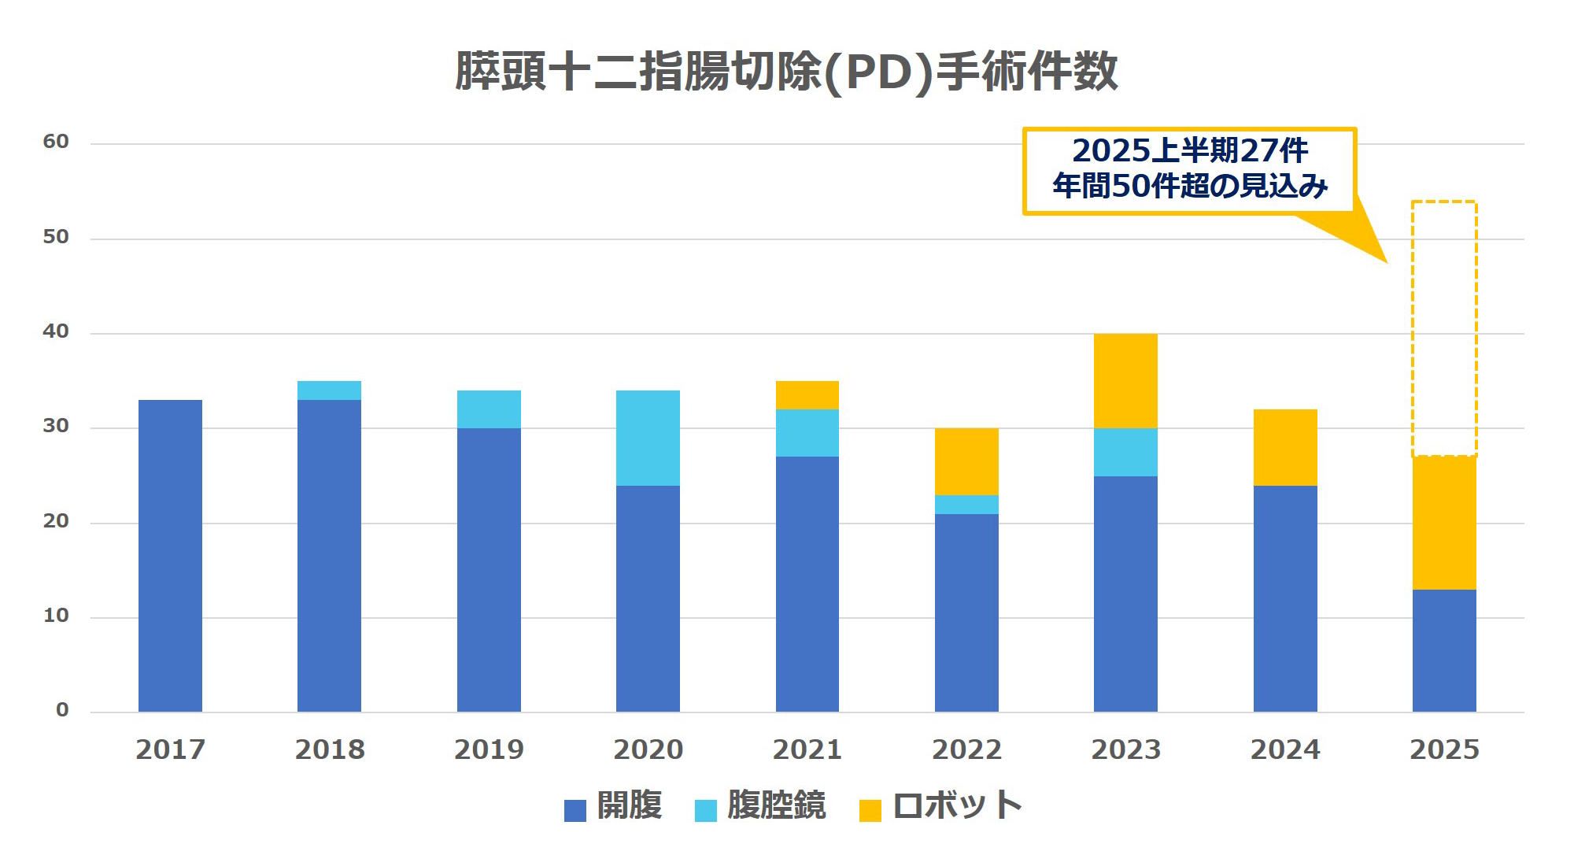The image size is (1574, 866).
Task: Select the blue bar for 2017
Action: (170, 555)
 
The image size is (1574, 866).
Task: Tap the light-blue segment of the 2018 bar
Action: (329, 390)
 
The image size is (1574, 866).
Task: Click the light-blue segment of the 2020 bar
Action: (648, 438)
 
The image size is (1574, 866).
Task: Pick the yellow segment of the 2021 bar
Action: (807, 395)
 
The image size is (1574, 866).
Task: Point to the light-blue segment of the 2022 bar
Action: (966, 505)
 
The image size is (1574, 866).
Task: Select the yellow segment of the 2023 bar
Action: (1125, 381)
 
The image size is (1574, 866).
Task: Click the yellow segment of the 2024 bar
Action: (1284, 447)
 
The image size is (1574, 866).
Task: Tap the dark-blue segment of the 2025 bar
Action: (1444, 650)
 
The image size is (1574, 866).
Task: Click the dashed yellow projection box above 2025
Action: (1444, 328)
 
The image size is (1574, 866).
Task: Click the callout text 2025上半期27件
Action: (1189, 150)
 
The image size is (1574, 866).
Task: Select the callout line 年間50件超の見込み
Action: (1189, 186)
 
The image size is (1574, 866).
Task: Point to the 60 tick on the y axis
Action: (56, 142)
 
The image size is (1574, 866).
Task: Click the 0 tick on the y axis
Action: (62, 710)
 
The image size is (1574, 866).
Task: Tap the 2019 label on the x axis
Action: (489, 749)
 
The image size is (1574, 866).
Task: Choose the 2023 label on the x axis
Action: (1125, 749)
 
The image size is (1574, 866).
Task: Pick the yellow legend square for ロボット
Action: (870, 810)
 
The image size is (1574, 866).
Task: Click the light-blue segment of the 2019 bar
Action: (489, 409)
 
